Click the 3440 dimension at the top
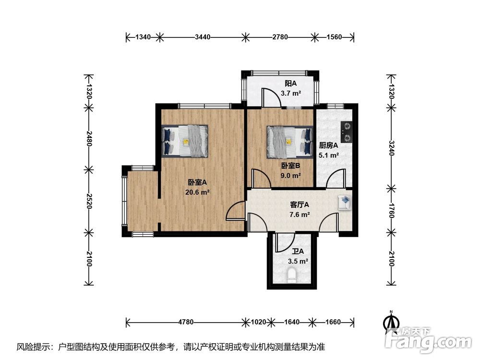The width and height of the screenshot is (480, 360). tap(203, 37)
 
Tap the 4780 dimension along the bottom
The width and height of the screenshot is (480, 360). tap(186, 322)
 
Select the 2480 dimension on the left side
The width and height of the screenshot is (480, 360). tap(89, 139)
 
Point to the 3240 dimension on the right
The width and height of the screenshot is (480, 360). tap(391, 148)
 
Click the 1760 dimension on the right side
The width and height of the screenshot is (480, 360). tap(391, 210)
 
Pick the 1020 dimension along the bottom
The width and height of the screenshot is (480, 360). tap(258, 322)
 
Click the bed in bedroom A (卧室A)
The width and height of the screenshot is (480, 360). tap(185, 141)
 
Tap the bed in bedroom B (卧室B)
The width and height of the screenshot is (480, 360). tap(289, 142)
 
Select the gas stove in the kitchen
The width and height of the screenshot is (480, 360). tap(346, 132)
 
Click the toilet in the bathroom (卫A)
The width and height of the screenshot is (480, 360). tap(292, 275)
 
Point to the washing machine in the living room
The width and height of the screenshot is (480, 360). tap(344, 203)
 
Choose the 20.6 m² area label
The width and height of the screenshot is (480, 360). tap(197, 192)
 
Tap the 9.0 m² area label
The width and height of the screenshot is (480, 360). tap(291, 176)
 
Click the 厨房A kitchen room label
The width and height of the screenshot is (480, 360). tap(328, 145)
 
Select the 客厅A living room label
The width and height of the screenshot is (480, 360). tap(300, 204)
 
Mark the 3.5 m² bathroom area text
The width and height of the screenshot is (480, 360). tap(298, 261)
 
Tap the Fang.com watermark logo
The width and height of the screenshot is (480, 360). tap(428, 340)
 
